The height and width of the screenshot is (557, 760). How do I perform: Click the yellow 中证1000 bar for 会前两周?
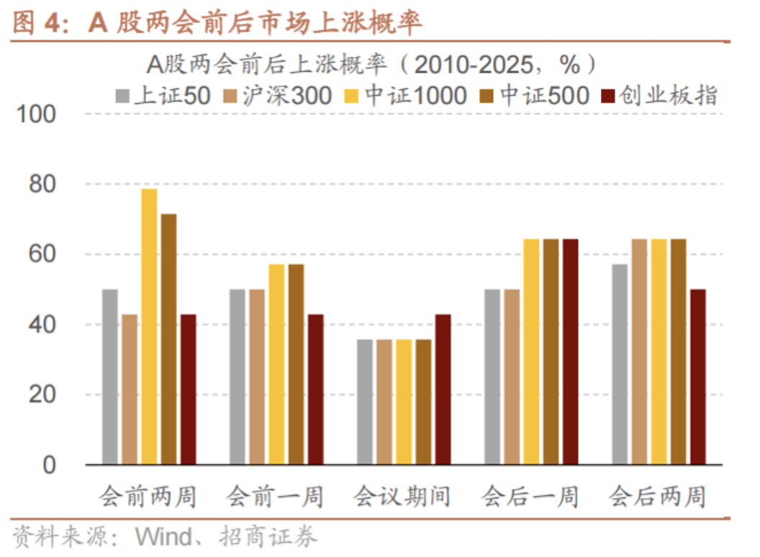point(149,326)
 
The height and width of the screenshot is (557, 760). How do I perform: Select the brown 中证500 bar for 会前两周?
point(168,339)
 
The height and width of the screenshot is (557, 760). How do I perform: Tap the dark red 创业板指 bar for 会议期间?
point(443,389)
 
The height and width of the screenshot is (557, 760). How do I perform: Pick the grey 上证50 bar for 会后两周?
point(620,364)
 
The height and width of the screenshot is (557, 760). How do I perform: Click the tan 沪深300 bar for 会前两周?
point(130,389)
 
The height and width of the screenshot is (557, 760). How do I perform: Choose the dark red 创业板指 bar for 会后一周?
point(570,351)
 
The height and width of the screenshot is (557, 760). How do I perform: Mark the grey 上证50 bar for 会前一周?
point(237,376)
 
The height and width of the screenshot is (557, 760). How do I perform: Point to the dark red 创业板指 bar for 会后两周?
point(697,376)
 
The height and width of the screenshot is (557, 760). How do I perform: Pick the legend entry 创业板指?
point(659,96)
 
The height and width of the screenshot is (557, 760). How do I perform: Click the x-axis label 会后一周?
point(530,496)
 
